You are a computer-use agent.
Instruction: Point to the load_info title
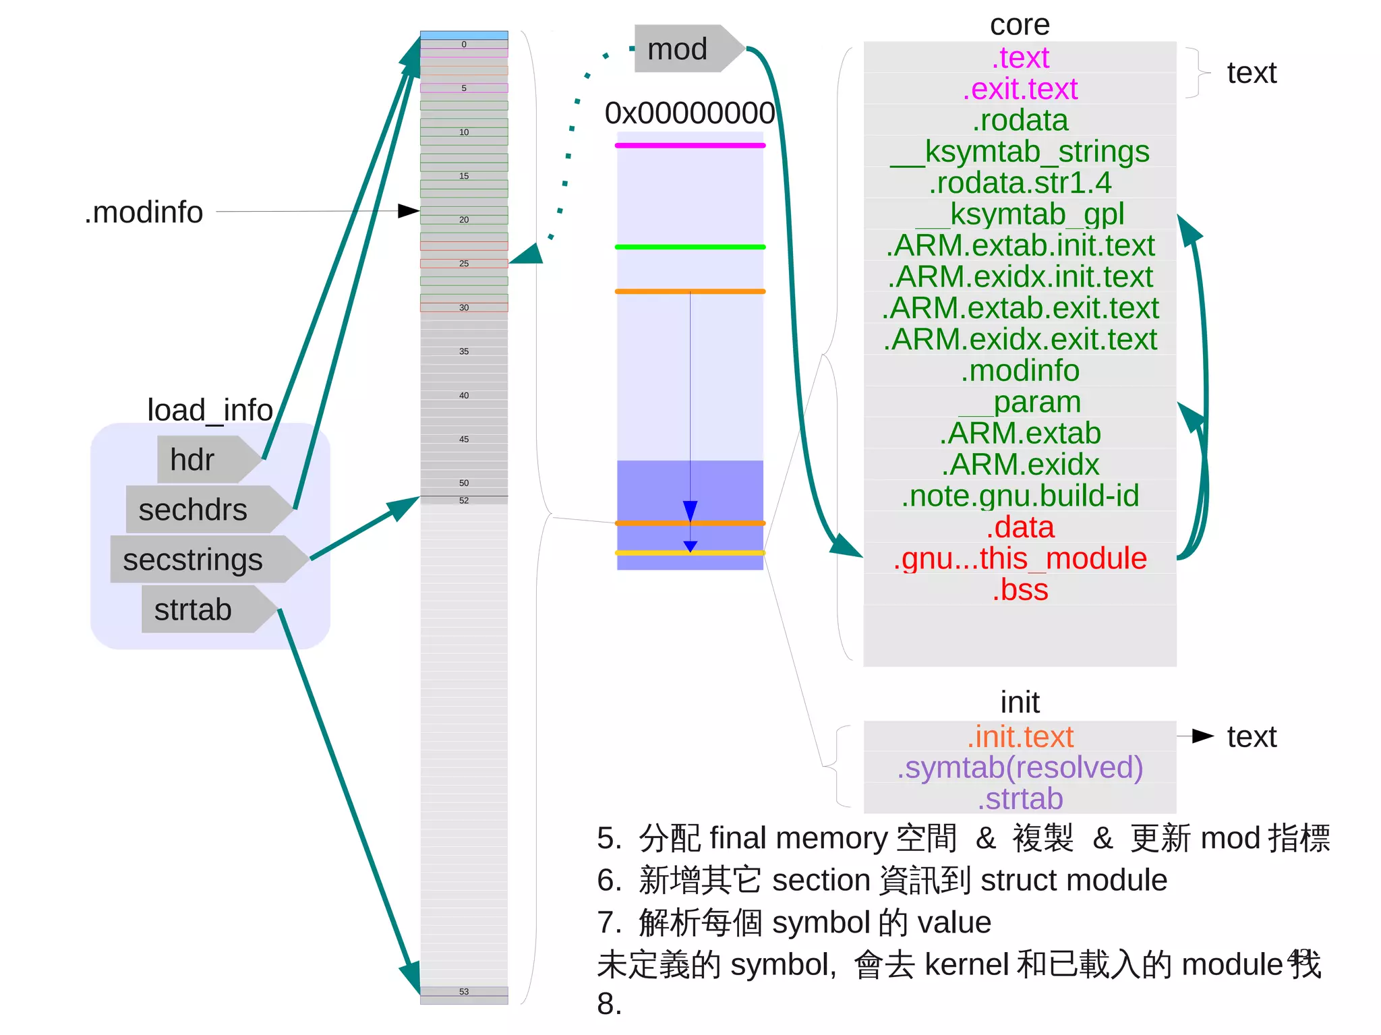(210, 410)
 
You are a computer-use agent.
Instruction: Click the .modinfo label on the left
(144, 212)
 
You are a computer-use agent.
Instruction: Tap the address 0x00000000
(689, 113)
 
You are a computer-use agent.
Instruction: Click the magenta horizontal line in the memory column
(689, 146)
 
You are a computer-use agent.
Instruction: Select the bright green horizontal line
(689, 247)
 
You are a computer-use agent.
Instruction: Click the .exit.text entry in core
(1020, 89)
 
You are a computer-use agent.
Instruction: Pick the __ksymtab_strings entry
(1020, 152)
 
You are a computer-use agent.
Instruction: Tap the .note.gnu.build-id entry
(1020, 496)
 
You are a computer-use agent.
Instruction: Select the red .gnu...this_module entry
(1020, 558)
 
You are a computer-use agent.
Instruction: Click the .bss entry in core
(1020, 590)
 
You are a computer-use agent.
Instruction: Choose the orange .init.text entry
(1020, 737)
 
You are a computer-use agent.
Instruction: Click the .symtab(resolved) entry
(1020, 768)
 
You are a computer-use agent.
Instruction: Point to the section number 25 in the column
(464, 264)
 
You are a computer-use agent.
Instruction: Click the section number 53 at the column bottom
(464, 992)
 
